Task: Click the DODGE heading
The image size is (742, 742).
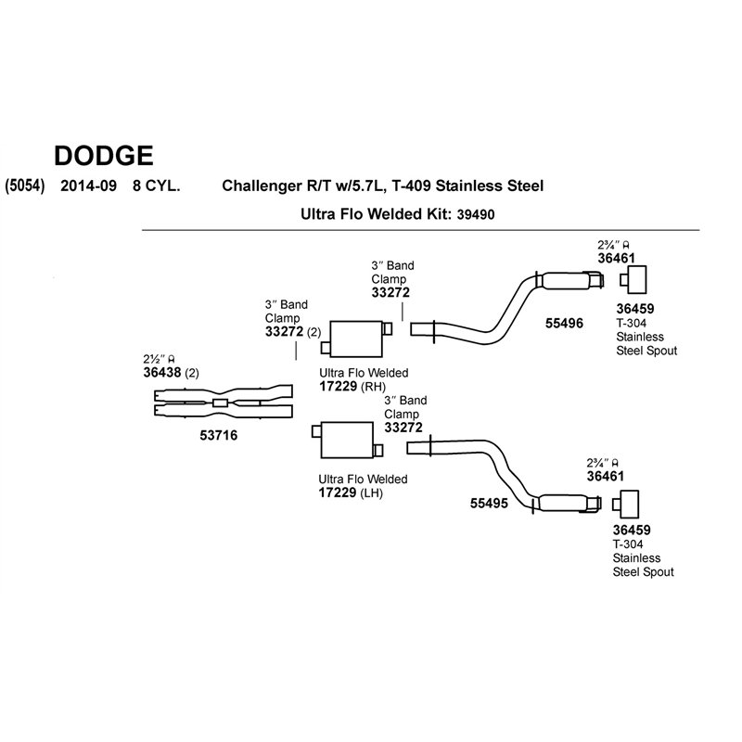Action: click(104, 156)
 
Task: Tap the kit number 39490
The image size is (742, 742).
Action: click(476, 215)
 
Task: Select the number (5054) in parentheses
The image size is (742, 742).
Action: click(25, 185)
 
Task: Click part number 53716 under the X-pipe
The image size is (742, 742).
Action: click(219, 435)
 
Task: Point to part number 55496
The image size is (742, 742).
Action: click(564, 324)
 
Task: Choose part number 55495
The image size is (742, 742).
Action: click(489, 503)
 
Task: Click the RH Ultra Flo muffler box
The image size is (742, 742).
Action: click(356, 339)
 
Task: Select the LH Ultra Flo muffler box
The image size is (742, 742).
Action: click(347, 440)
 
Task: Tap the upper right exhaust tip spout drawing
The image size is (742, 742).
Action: click(633, 280)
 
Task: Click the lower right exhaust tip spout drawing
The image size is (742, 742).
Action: click(625, 505)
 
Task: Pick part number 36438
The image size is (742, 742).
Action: click(162, 373)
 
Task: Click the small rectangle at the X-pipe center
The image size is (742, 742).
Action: click(220, 403)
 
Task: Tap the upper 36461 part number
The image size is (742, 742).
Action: click(616, 259)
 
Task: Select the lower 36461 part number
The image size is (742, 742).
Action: click(606, 476)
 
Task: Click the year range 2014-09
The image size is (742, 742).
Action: click(88, 185)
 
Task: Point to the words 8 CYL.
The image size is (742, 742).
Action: click(156, 185)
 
